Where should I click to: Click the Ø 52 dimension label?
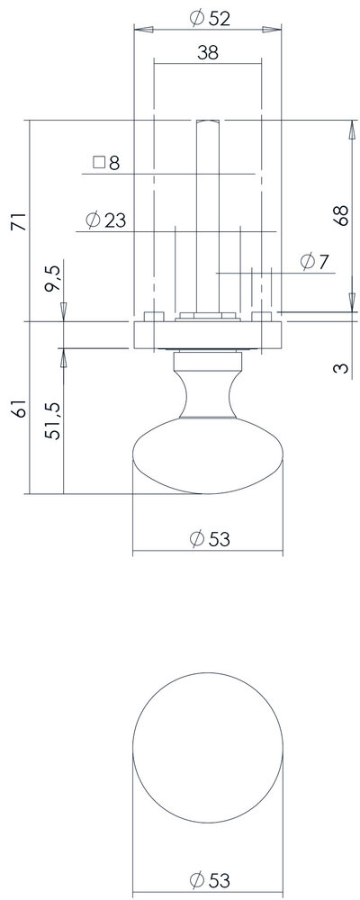pyautogui.click(x=210, y=18)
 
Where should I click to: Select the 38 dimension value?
pyautogui.click(x=208, y=53)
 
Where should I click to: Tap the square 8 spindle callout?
pyautogui.click(x=106, y=163)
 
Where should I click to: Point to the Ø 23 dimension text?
pyautogui.click(x=105, y=220)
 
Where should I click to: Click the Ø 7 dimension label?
pyautogui.click(x=314, y=262)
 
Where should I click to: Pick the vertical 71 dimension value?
pyautogui.click(x=20, y=221)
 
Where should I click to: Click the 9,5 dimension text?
pyautogui.click(x=53, y=279)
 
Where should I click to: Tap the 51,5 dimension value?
pyautogui.click(x=53, y=420)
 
